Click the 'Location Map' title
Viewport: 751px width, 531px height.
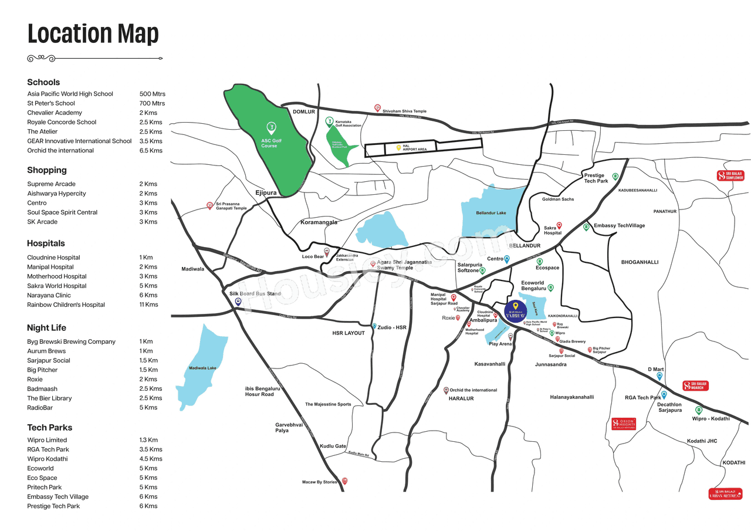(x=93, y=34)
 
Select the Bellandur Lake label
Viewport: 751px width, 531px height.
(x=490, y=213)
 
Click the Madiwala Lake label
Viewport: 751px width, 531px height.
(x=202, y=368)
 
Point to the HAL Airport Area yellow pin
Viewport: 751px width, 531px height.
(x=398, y=147)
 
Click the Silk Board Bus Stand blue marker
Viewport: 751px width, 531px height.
(x=238, y=302)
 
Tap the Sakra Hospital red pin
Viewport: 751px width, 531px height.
(x=559, y=225)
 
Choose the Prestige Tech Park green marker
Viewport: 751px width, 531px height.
(x=615, y=177)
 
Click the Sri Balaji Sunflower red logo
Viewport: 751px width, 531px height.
(x=730, y=175)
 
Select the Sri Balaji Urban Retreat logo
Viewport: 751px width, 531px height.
(x=725, y=493)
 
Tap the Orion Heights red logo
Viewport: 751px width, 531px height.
(x=623, y=424)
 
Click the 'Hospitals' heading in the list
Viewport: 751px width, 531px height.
(x=46, y=243)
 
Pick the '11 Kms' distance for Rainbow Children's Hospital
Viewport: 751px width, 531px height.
(x=148, y=305)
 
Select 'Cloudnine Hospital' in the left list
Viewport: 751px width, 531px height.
(x=53, y=258)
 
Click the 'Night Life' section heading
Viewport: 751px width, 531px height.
(x=46, y=327)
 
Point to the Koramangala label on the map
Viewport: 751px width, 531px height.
(x=319, y=223)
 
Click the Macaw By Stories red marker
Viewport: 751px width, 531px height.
(x=345, y=481)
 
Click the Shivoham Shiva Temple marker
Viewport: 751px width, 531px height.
(x=378, y=108)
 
